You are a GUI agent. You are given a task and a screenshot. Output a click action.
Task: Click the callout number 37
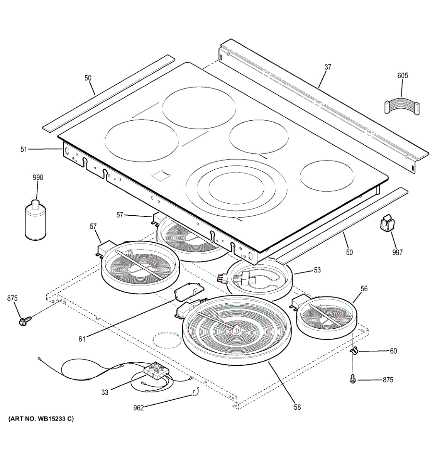click(x=328, y=67)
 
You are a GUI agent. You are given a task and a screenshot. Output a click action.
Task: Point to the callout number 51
click(x=24, y=149)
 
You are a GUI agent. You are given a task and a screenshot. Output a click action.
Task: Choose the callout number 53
click(x=317, y=270)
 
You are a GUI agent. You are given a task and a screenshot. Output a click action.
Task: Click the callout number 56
click(x=364, y=289)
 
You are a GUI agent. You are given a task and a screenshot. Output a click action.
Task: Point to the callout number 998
click(x=38, y=177)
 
